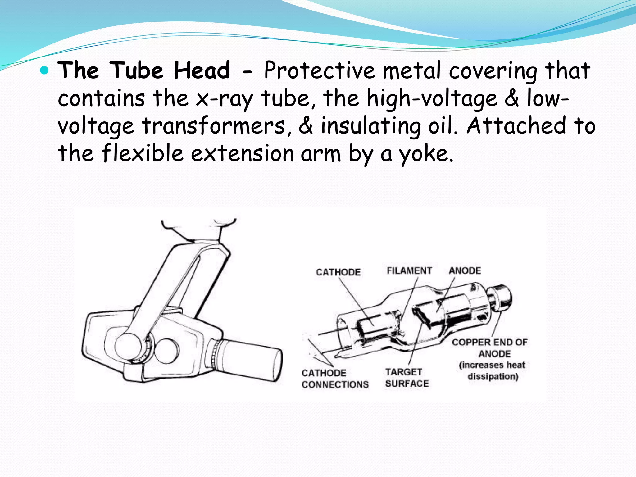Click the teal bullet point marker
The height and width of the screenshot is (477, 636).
(45, 71)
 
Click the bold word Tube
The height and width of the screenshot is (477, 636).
(137, 70)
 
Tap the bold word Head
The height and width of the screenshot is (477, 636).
(202, 70)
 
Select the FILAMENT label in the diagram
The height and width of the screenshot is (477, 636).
(409, 271)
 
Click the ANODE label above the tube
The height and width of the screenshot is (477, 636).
(465, 271)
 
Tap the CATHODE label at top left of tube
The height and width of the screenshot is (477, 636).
(338, 272)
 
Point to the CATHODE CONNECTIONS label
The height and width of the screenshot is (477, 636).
(335, 379)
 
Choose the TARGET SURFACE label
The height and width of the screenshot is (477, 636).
(407, 378)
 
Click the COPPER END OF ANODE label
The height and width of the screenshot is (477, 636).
(490, 348)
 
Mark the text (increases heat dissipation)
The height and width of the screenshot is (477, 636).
(493, 370)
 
